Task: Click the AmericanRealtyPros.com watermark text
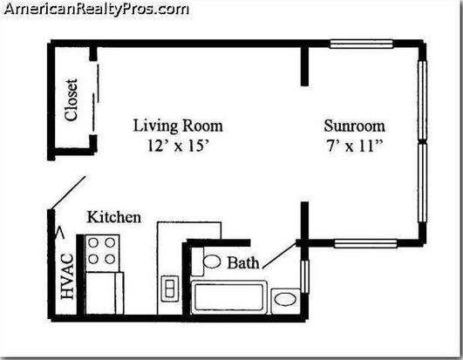coord(96,9)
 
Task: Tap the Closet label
coord(71,99)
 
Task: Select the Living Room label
coord(178,126)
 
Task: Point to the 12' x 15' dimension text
coord(178,146)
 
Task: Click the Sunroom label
coord(354,126)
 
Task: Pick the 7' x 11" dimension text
coord(354,146)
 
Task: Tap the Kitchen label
coord(114,217)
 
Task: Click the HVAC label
coord(67,276)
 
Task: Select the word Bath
coord(243,262)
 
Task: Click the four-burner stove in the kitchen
coord(102,253)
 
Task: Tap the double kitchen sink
coord(170,289)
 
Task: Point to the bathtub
coord(229,297)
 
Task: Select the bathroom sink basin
coord(285,299)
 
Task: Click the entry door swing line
coord(69,193)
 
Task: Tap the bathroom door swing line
coord(280,255)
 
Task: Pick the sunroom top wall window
coord(362,44)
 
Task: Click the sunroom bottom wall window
coord(365,244)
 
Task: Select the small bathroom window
coord(304,276)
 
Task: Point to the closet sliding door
coord(96,98)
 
